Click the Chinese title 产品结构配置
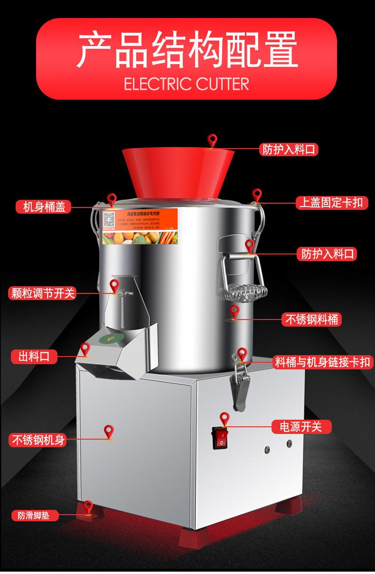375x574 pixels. pos(187,49)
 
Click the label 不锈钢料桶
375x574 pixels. pos(311,320)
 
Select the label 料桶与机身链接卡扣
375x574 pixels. pos(324,363)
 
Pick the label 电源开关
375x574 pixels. pos(301,426)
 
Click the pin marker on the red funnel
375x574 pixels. pos(212,140)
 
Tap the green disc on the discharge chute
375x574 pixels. pos(108,339)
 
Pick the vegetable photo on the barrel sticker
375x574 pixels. pos(142,235)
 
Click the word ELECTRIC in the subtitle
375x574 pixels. pos(154,85)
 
